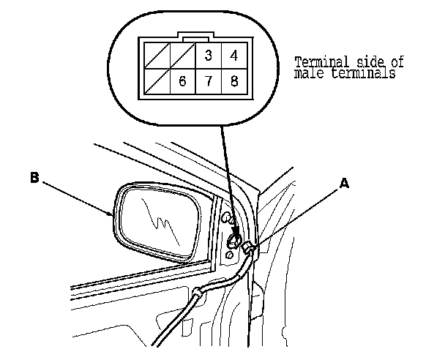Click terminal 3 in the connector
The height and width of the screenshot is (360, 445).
[x=209, y=55]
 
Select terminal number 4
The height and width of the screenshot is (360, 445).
[x=233, y=55]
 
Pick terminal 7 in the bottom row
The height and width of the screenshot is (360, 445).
[x=209, y=80]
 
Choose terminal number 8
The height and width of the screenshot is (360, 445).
[x=233, y=80]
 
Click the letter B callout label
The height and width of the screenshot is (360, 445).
[x=34, y=176]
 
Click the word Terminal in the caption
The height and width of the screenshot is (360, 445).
[x=318, y=62]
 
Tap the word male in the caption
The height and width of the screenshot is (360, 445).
[x=306, y=74]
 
